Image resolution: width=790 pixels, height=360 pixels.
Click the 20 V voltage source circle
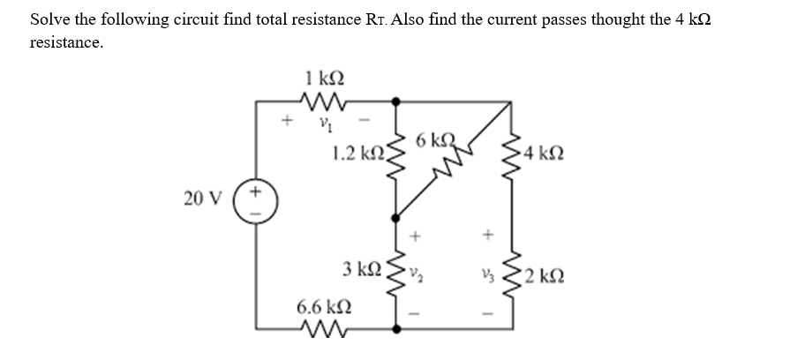pos(256,199)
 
